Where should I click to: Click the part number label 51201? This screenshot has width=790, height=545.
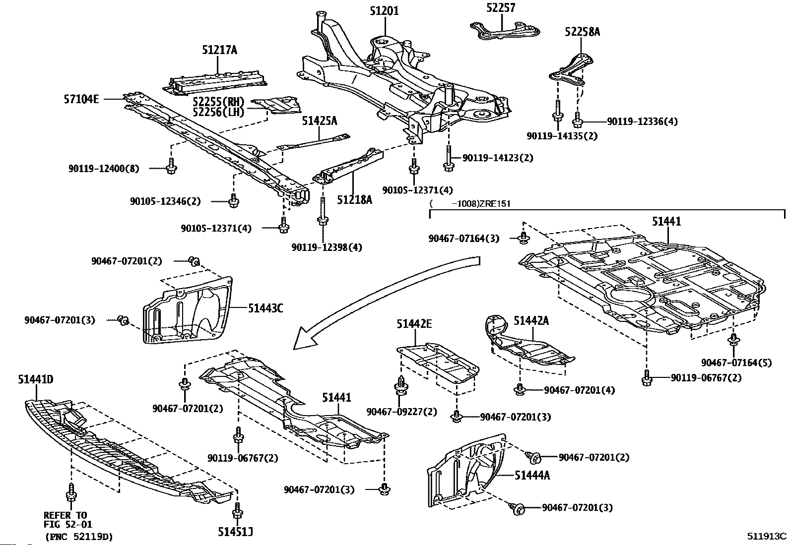click(384, 11)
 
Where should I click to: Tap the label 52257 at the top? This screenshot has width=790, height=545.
click(501, 7)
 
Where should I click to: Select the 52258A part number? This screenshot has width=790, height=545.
click(582, 32)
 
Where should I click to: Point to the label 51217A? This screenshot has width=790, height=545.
click(219, 50)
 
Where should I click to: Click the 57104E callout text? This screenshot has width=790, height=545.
click(81, 99)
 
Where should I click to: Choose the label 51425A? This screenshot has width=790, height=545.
click(320, 121)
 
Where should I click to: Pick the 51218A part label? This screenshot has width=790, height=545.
click(354, 200)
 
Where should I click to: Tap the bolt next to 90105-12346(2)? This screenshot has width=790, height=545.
click(233, 200)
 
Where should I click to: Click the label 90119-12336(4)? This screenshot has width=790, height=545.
click(642, 121)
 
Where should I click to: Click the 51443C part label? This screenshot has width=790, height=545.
click(265, 308)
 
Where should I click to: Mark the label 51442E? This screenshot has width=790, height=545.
click(414, 324)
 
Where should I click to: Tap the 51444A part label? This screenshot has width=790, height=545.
click(532, 476)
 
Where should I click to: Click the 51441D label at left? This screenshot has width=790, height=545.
click(36, 379)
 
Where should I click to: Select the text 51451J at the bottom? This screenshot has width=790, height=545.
click(235, 532)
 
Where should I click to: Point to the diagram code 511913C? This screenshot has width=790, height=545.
click(767, 536)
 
